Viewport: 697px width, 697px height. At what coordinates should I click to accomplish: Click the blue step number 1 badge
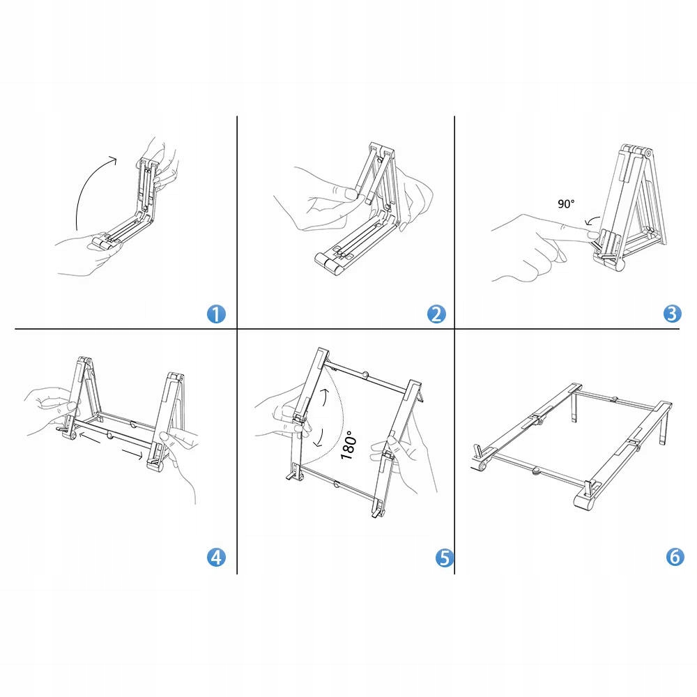(x=216, y=314)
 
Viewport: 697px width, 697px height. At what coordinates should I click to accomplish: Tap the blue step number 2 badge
(x=436, y=314)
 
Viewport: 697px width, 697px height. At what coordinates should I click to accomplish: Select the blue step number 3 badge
(x=672, y=314)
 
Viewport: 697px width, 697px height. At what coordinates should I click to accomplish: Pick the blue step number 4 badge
(x=216, y=557)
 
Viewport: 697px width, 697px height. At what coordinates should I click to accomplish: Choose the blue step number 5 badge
(x=445, y=558)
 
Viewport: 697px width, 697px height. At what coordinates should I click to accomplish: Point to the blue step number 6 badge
(x=675, y=556)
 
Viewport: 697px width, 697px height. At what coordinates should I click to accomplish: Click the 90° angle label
(x=566, y=204)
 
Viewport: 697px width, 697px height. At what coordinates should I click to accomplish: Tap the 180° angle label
(x=348, y=445)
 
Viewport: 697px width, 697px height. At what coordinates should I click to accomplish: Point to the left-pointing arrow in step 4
(x=89, y=438)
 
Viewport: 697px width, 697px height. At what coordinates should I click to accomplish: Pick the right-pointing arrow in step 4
(x=133, y=454)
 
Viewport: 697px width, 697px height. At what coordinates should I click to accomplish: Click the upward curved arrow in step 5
(x=327, y=397)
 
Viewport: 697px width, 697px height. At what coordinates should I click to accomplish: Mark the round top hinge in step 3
(x=648, y=153)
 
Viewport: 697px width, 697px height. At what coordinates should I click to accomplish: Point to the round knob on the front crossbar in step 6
(x=536, y=470)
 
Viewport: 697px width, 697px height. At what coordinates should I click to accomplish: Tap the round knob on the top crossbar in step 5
(x=365, y=375)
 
